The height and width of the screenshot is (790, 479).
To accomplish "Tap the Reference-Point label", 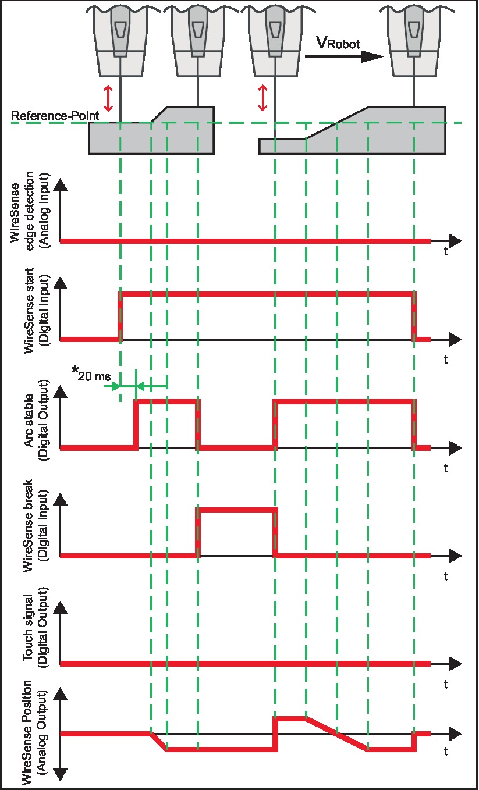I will tap(55, 116).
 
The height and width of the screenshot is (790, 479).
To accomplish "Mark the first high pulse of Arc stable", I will tap(166, 401).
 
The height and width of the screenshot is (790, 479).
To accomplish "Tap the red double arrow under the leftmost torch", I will tap(107, 98).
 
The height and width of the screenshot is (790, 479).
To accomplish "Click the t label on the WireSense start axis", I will tap(445, 360).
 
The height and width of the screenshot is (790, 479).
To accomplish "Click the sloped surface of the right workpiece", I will tap(337, 123).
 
